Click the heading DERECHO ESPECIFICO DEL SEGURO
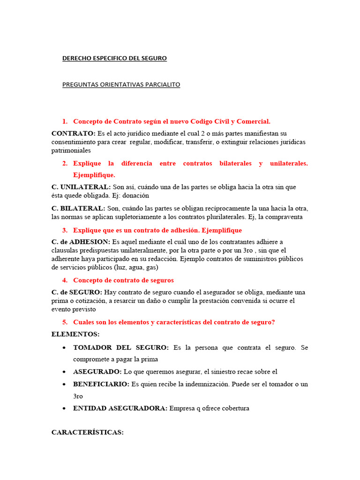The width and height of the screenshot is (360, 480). tap(114, 59)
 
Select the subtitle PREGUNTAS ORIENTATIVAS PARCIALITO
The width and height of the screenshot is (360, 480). tap(121, 85)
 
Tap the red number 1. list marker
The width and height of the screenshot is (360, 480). tap(65, 121)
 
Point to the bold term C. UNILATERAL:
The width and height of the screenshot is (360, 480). tap(81, 187)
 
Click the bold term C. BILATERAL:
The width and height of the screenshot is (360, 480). tap(78, 208)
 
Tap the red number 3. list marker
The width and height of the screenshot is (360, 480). tap(65, 230)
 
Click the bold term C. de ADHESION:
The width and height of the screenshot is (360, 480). tap(81, 242)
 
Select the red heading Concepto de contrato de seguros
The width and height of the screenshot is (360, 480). tap(123, 280)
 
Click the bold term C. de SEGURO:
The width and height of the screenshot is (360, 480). tap(77, 292)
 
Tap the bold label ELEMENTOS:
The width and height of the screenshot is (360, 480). tap(75, 334)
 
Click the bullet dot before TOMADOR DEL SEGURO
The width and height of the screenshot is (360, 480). tap(64, 348)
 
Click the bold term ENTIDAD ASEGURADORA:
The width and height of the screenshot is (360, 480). tap(120, 408)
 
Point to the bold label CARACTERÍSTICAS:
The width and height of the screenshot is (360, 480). tap(87, 432)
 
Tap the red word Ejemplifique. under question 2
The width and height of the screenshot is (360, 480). tap(94, 175)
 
